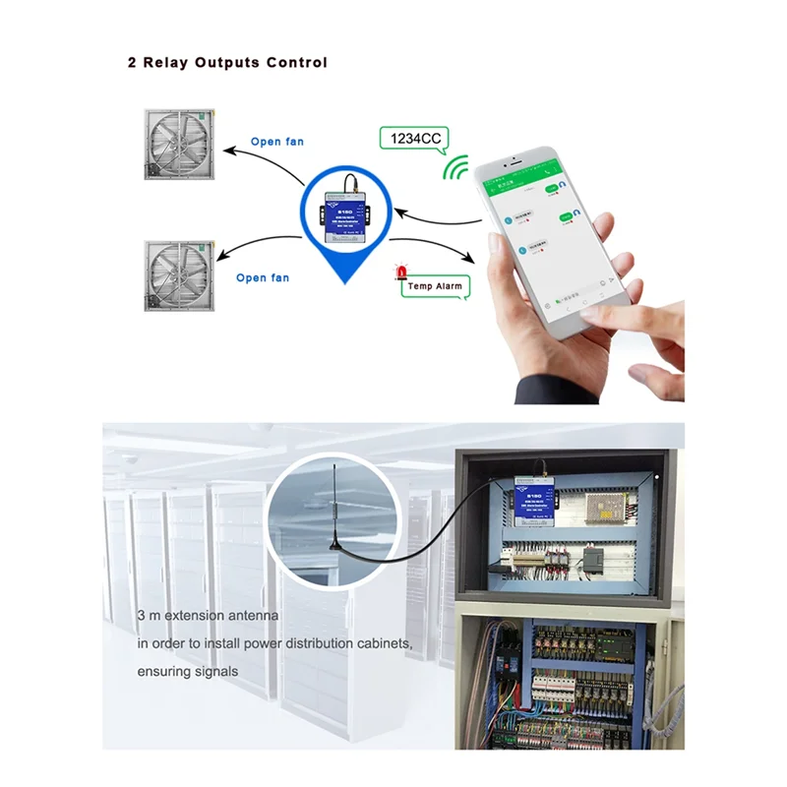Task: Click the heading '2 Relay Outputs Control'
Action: [x=227, y=62]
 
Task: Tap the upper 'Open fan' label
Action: [x=277, y=142]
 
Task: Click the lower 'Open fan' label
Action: [x=264, y=278]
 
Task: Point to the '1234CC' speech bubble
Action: [x=414, y=139]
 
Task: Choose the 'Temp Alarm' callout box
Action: [x=434, y=286]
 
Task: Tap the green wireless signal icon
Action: [x=455, y=170]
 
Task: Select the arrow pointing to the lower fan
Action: [x=258, y=246]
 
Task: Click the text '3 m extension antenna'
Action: [x=208, y=615]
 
